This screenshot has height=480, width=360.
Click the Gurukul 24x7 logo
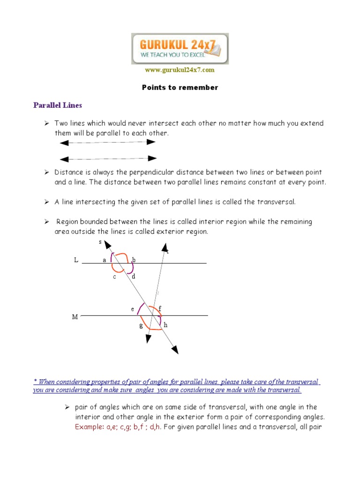point(180,48)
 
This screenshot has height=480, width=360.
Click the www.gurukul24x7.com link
point(180,70)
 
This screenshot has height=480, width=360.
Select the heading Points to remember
point(180,88)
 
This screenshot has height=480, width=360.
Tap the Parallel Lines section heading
point(58,105)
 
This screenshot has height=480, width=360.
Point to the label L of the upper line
point(76,260)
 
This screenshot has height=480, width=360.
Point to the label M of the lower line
point(75,317)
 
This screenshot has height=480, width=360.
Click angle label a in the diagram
point(105,260)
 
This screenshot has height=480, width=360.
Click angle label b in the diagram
point(134,260)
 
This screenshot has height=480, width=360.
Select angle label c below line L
point(114,277)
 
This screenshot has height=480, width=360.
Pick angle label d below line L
point(134,277)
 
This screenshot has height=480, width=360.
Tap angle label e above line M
point(133,309)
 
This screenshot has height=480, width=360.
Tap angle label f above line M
point(160,308)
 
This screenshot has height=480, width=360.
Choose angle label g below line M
point(141,325)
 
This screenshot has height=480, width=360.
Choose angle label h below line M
point(165,325)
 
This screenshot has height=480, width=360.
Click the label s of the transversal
point(100,242)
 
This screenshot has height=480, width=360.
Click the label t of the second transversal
point(167,252)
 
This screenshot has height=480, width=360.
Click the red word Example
point(90,427)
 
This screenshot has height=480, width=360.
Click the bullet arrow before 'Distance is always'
point(47,172)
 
